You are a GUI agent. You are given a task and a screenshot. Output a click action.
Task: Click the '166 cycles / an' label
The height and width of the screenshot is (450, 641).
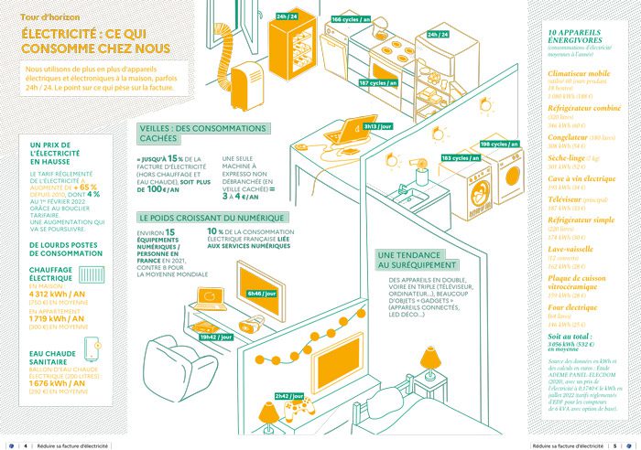351,19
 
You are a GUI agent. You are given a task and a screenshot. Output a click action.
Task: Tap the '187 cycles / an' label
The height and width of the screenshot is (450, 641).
377,83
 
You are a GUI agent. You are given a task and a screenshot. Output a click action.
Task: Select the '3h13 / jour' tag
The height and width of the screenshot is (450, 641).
376,126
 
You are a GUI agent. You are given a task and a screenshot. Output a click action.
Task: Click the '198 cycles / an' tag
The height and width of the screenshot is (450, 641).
498,145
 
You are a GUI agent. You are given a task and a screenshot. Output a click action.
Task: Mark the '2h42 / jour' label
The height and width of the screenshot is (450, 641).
288,396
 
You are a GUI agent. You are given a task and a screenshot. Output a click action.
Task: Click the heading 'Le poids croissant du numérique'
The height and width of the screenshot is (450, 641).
197,219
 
